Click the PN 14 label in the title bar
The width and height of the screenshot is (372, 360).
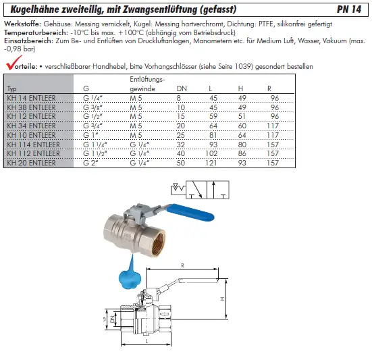(349, 9)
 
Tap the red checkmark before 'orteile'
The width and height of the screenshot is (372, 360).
(14, 63)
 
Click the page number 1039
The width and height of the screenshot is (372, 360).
(244, 66)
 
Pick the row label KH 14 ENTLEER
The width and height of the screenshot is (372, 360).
(31, 98)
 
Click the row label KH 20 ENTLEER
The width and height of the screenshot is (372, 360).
(31, 163)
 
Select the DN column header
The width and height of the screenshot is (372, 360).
(182, 88)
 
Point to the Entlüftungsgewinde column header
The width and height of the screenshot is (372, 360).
(147, 84)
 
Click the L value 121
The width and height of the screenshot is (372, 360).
(211, 163)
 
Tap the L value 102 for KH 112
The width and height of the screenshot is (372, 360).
(211, 153)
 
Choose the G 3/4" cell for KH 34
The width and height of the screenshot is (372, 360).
(92, 126)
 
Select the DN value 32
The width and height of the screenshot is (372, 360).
(181, 145)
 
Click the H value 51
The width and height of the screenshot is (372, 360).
(242, 116)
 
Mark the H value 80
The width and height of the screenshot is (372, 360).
(242, 145)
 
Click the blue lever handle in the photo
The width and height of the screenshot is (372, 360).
(190, 213)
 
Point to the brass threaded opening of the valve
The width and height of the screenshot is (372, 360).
(156, 242)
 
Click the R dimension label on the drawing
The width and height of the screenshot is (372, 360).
(182, 265)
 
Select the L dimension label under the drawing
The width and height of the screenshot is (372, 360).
(147, 342)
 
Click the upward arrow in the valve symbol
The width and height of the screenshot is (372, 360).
(213, 190)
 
